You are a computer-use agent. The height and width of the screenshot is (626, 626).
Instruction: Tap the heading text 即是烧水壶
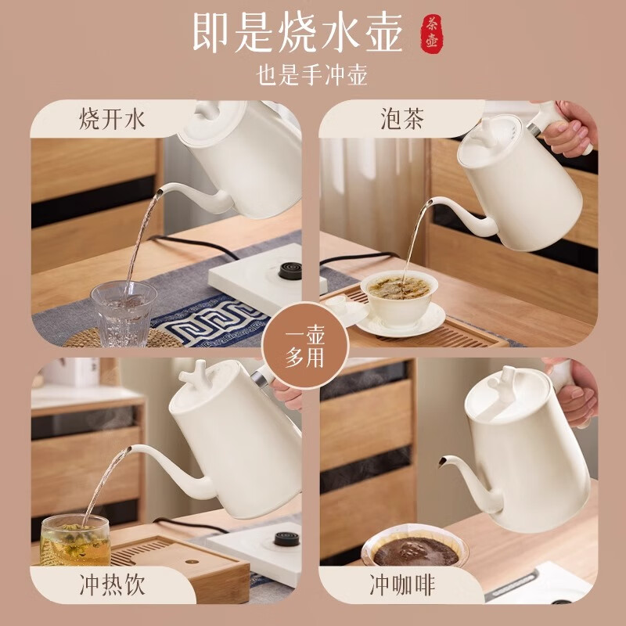tap(298, 32)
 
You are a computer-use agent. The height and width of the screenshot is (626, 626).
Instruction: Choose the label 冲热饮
tap(112, 584)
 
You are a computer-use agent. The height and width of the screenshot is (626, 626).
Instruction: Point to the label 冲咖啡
tap(401, 584)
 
